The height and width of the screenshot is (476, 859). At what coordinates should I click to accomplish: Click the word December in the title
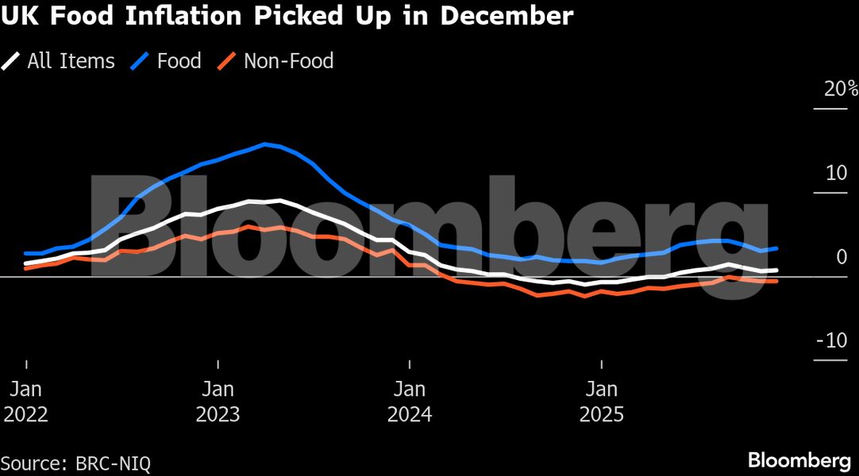[x=506, y=16]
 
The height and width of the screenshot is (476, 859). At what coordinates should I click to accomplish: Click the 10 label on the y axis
[x=835, y=173]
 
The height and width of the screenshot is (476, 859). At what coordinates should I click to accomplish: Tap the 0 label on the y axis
[x=842, y=257]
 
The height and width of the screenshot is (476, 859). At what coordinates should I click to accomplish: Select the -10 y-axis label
[x=831, y=341]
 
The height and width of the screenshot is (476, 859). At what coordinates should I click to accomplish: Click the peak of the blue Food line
[x=264, y=144]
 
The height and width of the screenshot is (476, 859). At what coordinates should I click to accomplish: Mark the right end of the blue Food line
[x=776, y=248]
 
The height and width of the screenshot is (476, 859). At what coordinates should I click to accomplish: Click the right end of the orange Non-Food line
[x=776, y=281]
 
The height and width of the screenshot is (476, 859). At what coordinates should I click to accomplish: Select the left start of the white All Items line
[x=26, y=263]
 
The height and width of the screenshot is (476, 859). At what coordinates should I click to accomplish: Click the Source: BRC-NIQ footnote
[x=75, y=462]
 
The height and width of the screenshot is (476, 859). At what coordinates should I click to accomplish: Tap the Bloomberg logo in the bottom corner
[x=799, y=461]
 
